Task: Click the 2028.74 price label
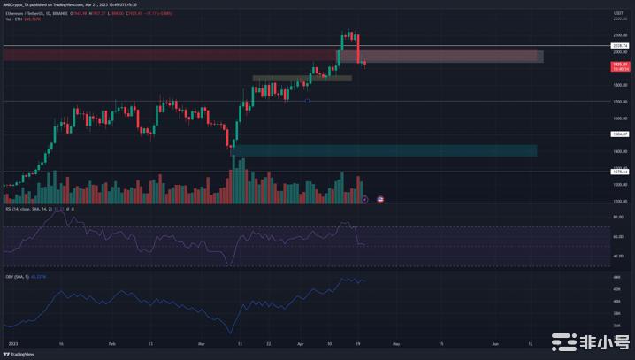point(618,45)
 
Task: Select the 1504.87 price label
point(618,134)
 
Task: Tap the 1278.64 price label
point(618,172)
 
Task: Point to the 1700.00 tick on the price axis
point(618,102)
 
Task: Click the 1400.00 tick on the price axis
point(618,151)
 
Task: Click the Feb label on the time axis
point(112,341)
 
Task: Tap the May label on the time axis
point(397,341)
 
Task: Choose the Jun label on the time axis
point(495,341)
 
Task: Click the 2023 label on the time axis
point(11,341)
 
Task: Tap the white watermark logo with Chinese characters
point(592,341)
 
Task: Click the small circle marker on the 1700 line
point(306,102)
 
